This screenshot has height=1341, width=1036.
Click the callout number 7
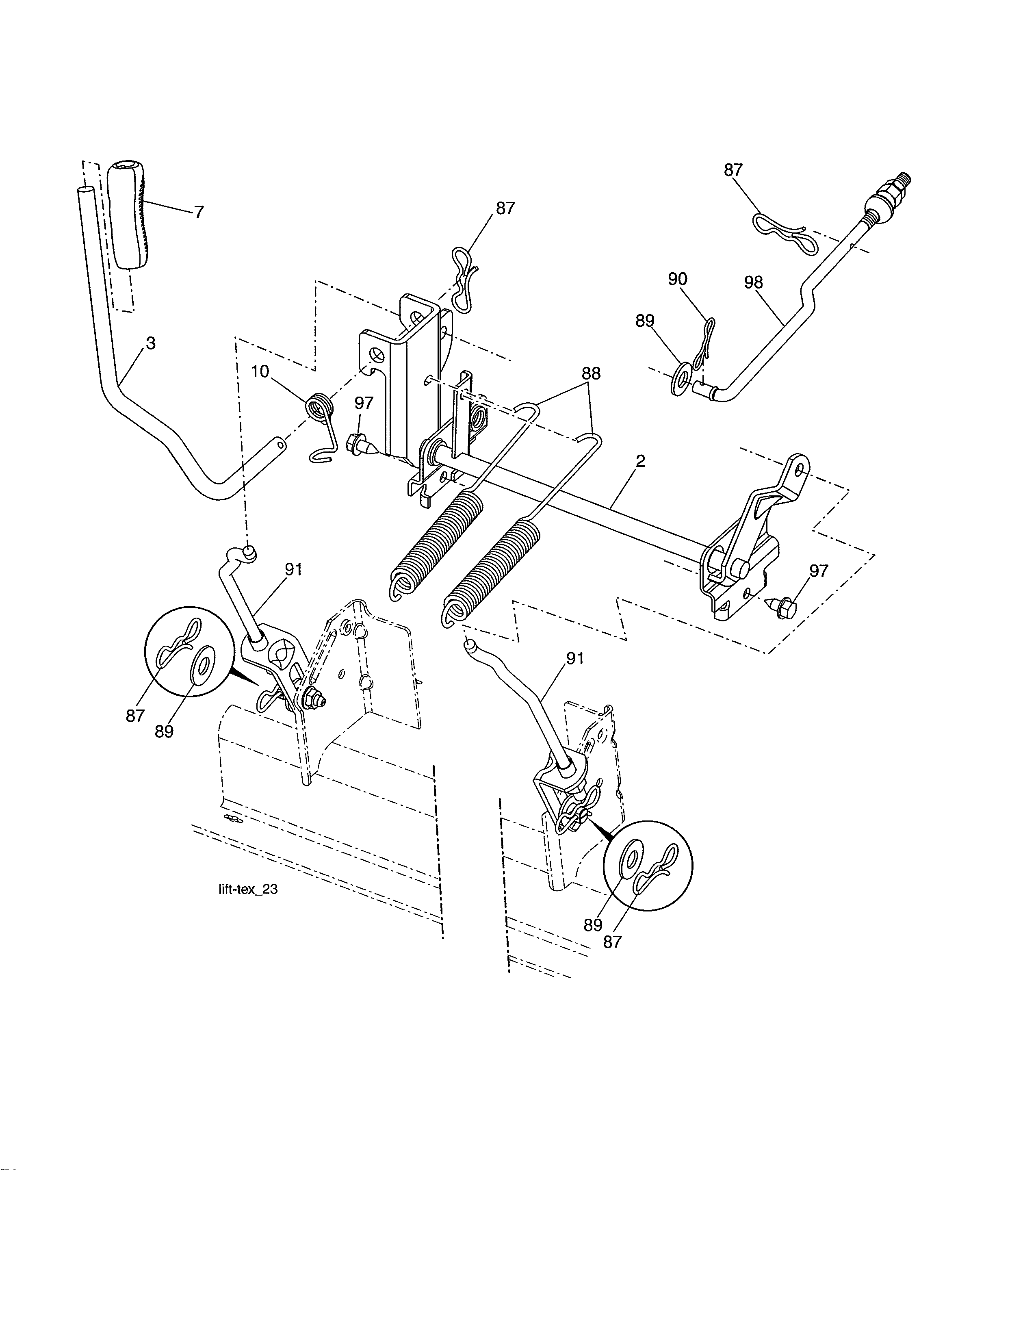(x=198, y=213)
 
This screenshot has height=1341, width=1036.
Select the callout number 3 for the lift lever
(x=150, y=344)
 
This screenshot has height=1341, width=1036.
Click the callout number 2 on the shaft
(x=640, y=461)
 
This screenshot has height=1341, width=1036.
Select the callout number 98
(x=753, y=282)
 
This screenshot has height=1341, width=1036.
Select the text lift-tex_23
(x=248, y=889)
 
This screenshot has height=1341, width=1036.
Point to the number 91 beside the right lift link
(x=575, y=658)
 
